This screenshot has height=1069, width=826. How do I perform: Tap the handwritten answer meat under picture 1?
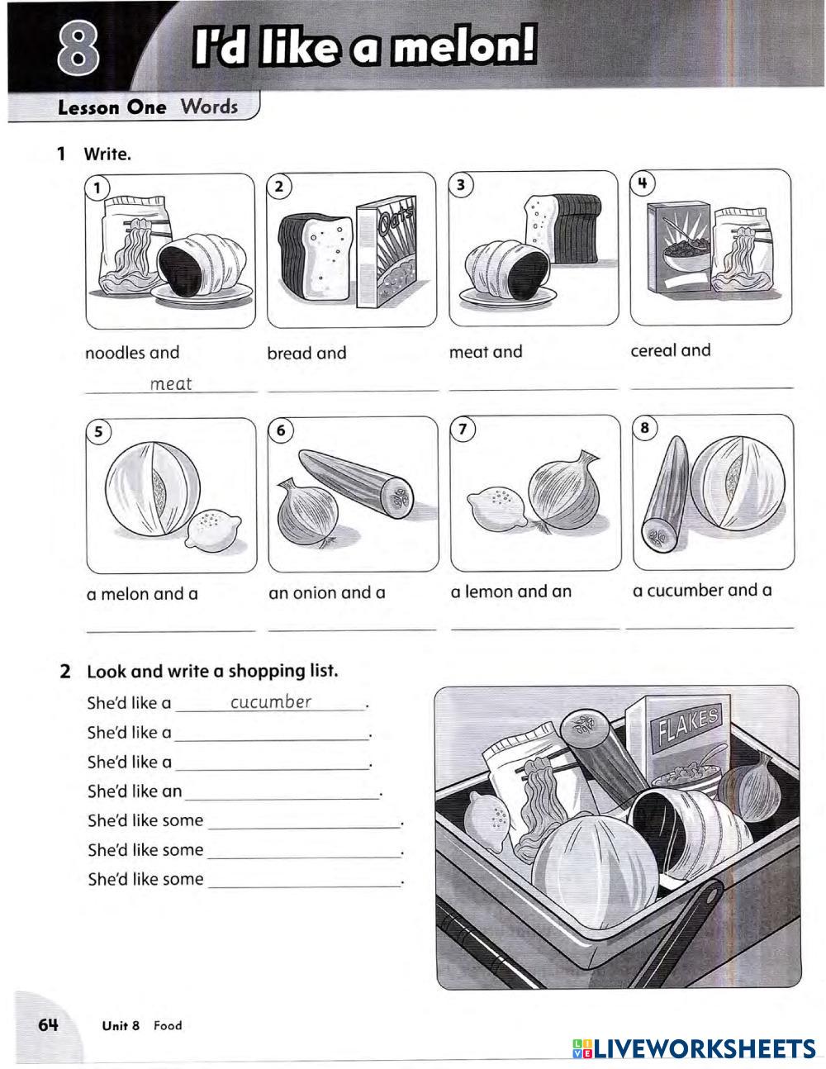[171, 383]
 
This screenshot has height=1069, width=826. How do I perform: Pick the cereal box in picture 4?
[677, 248]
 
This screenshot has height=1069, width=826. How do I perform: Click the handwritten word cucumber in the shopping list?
[271, 702]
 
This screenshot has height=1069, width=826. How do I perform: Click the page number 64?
[48, 1025]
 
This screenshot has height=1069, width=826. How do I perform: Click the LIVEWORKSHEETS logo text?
[705, 1048]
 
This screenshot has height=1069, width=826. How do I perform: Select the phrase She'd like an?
[135, 791]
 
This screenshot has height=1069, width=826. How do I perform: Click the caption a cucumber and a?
[702, 591]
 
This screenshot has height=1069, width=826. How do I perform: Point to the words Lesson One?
[112, 107]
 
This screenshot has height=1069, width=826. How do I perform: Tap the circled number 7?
[463, 428]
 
